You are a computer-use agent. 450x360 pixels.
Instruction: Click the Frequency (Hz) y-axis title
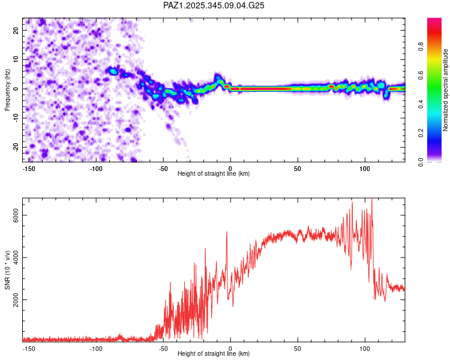(7, 89)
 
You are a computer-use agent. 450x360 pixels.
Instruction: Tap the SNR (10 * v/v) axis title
(7, 270)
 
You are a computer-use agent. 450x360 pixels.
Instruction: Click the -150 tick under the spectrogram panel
(28, 168)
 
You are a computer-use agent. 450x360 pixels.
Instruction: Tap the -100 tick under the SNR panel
(95, 348)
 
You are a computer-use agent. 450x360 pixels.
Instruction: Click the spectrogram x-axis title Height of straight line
(214, 174)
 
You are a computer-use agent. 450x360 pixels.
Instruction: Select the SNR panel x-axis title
(214, 354)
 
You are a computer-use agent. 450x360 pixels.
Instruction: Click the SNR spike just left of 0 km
(227, 232)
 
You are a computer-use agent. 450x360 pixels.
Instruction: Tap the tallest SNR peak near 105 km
(372, 200)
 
